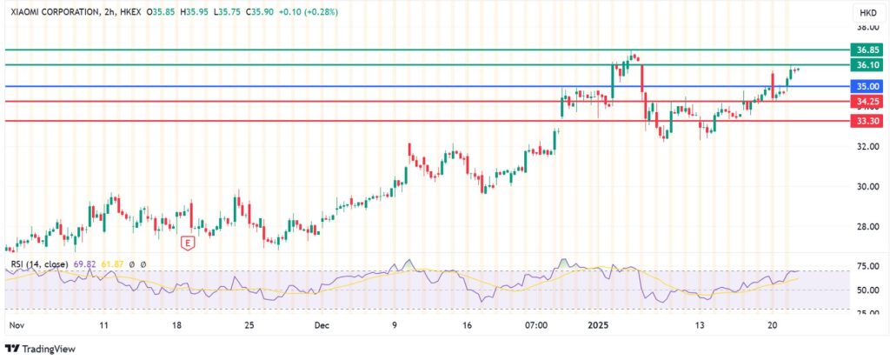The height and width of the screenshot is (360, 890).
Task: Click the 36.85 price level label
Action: [x=868, y=50]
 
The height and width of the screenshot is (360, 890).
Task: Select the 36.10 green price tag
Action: [x=868, y=65]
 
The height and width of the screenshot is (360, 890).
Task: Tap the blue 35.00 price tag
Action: [x=868, y=87]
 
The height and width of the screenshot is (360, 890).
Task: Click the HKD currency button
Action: [x=867, y=13]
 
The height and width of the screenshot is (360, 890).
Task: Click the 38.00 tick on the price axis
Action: [x=867, y=26]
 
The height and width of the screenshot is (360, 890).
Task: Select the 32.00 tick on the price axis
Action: [x=867, y=146]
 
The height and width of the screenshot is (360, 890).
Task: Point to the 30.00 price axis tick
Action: [x=867, y=186]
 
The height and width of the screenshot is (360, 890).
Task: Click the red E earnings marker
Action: [x=186, y=243]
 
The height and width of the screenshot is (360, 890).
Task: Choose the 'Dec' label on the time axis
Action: [x=322, y=325]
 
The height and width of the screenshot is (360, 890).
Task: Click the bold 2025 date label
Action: [x=596, y=325]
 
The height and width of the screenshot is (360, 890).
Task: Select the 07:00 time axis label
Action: [x=535, y=325]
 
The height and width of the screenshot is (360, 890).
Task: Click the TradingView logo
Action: [x=42, y=349]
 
